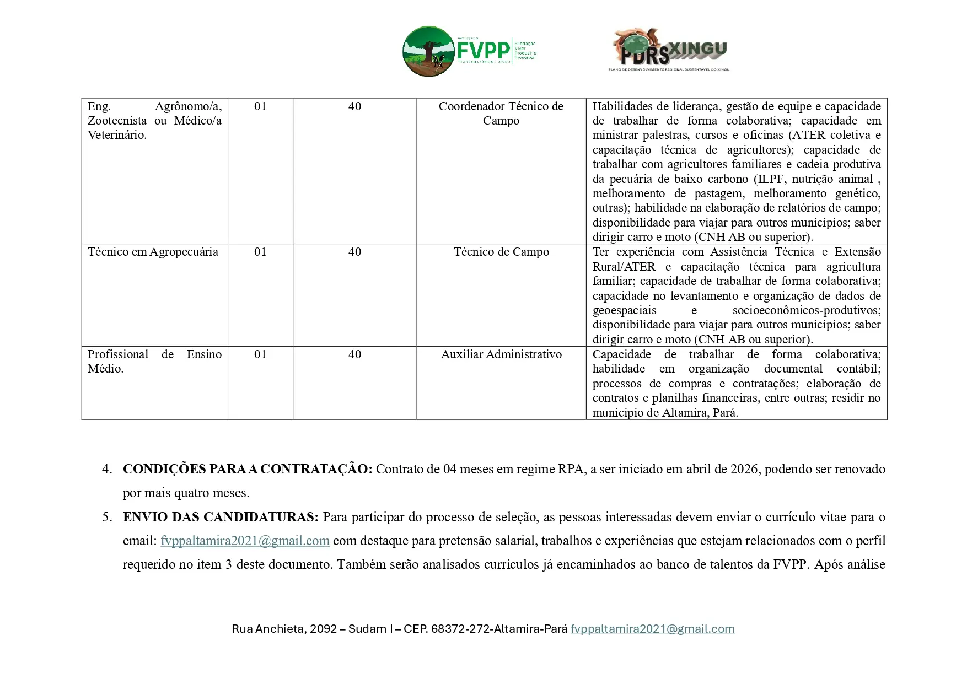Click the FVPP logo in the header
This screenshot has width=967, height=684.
469,51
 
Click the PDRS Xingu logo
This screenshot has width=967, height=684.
670,50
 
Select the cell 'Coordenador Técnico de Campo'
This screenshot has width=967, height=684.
501,114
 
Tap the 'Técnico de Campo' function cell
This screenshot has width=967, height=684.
501,252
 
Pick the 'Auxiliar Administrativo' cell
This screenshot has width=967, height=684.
501,354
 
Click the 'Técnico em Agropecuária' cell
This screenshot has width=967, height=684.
153,252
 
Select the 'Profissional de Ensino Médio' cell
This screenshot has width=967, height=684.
154,362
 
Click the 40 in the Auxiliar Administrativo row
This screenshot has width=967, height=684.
354,354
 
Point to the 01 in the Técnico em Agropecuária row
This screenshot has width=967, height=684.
260,252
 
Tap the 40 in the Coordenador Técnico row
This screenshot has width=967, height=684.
354,106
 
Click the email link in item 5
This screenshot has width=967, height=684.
245,541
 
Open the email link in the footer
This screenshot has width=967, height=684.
652,629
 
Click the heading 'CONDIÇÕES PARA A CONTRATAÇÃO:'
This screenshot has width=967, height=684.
248,469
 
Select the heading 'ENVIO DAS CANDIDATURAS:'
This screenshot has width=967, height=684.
221,517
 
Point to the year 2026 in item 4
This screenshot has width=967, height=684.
744,469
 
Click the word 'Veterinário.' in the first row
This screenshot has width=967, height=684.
117,135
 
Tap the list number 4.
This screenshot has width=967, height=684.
107,469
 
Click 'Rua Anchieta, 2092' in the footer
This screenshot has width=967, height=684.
284,629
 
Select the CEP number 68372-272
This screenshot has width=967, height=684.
460,629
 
